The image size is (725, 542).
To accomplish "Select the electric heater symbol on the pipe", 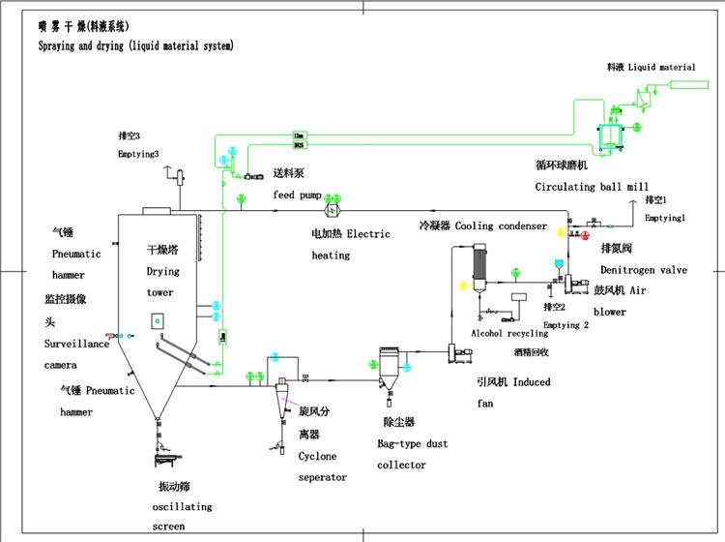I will point(336,211).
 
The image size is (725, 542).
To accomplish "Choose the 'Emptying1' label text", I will point(664,219).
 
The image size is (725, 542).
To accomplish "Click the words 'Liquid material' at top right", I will point(662,68).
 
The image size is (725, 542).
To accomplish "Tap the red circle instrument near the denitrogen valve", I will point(587,235).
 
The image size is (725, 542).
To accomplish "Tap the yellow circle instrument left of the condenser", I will point(462,286).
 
